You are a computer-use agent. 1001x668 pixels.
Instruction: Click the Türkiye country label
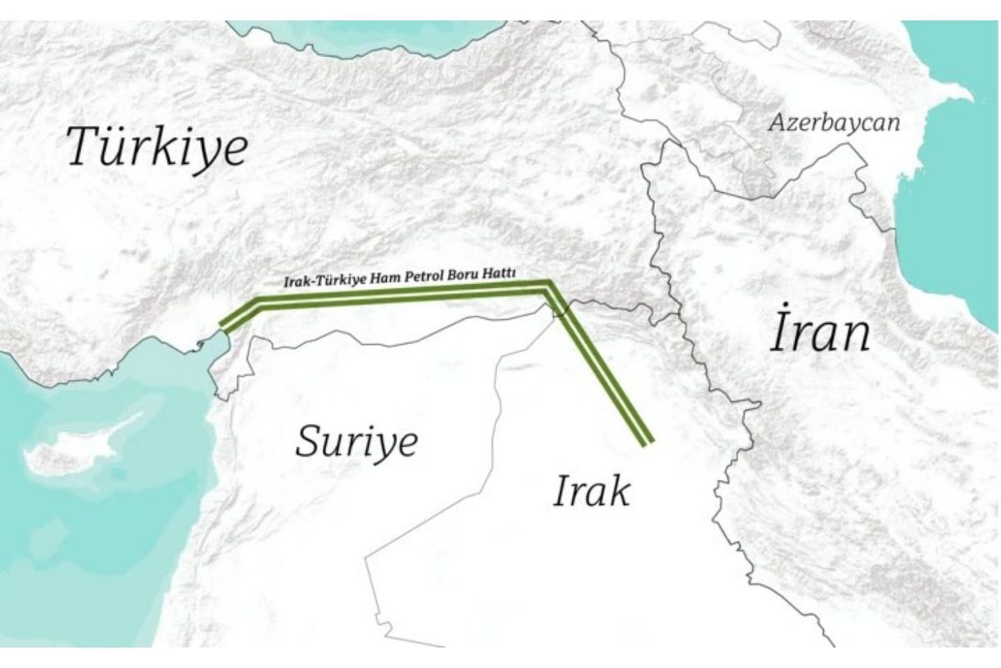click(x=158, y=147)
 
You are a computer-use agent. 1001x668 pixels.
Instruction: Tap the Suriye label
click(x=355, y=440)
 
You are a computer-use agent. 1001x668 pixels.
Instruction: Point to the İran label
click(x=819, y=333)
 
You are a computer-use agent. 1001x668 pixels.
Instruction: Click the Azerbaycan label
click(x=834, y=124)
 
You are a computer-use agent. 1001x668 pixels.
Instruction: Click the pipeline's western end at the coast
click(x=222, y=326)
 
